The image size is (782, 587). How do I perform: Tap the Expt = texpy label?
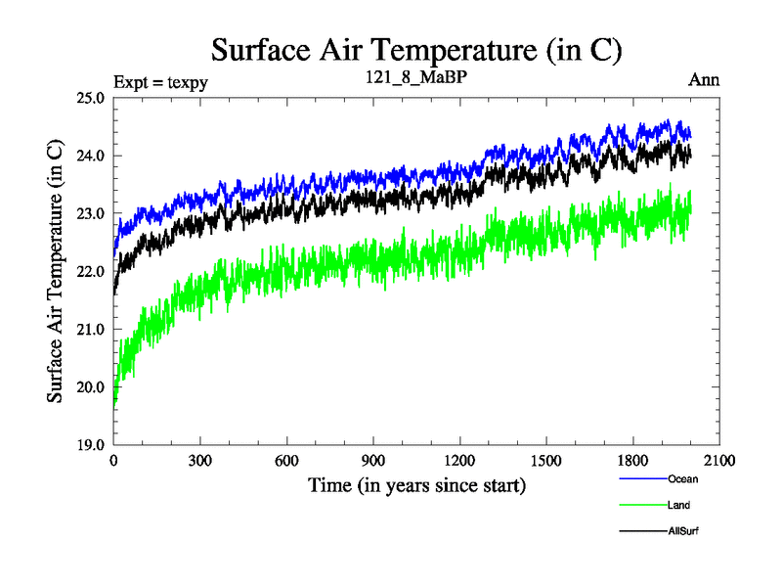pos(160,81)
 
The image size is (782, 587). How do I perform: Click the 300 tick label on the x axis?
pos(200,461)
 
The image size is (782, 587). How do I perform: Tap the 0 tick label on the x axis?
pos(114,461)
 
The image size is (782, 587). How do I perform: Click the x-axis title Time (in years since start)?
pos(417,484)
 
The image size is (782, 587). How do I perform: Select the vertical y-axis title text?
pos(56,271)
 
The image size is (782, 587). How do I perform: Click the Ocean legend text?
pos(683,479)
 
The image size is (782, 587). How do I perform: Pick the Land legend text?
pos(679,505)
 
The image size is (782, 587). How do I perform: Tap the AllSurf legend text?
pos(683,530)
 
